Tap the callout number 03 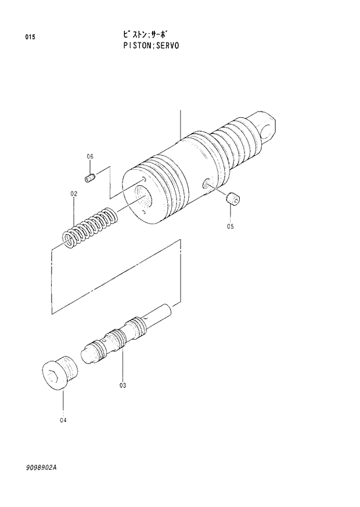click(123, 384)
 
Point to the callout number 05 click(230, 226)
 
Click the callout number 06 click(90, 156)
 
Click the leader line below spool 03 click(123, 366)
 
